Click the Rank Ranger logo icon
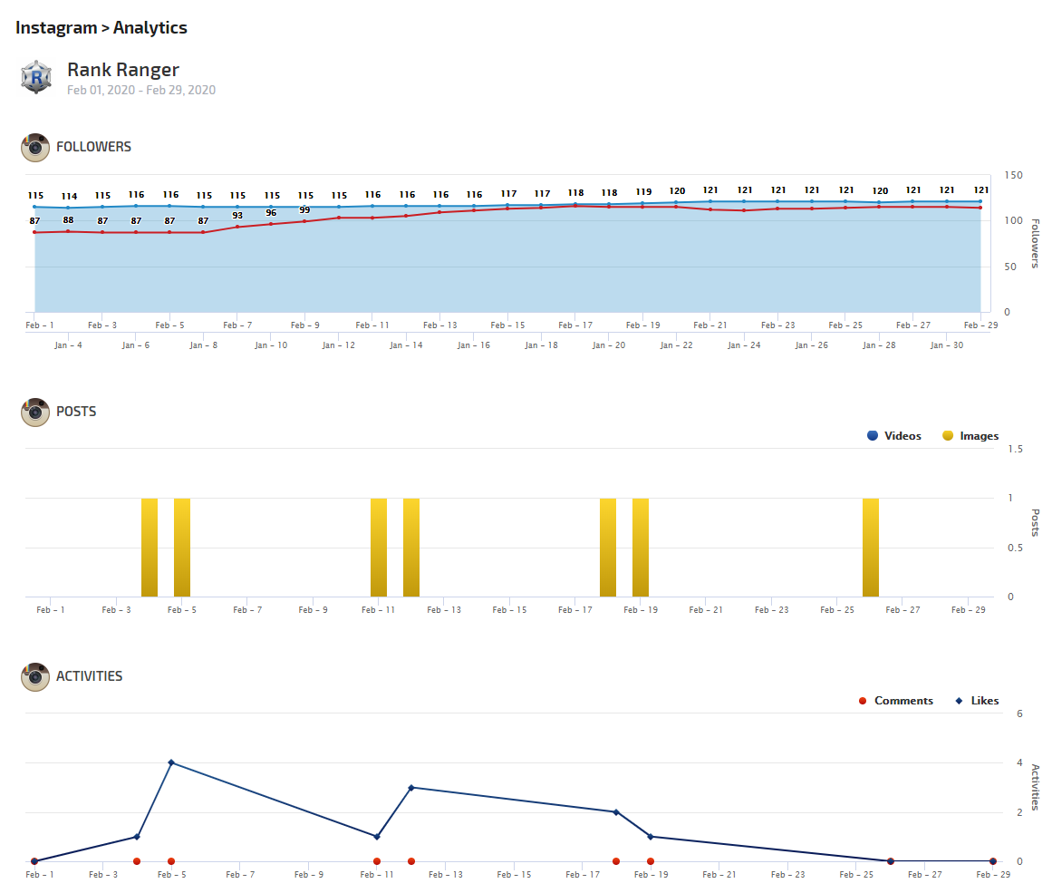point(36,77)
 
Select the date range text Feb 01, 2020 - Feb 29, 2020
point(141,90)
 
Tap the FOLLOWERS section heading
point(93,147)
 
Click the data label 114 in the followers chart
point(70,196)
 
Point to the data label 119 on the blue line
point(643,191)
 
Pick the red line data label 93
point(237,216)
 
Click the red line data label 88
point(69,220)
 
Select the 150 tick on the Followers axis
point(1013,175)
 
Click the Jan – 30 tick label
point(947,345)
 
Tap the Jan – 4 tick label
point(68,345)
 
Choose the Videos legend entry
point(893,436)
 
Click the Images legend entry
point(970,436)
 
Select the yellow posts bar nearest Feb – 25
point(871,547)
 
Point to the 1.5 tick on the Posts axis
point(1015,449)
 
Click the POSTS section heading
point(76,412)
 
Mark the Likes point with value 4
point(171,762)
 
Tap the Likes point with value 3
point(411,788)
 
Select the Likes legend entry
point(977,701)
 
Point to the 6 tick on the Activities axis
point(1019,713)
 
